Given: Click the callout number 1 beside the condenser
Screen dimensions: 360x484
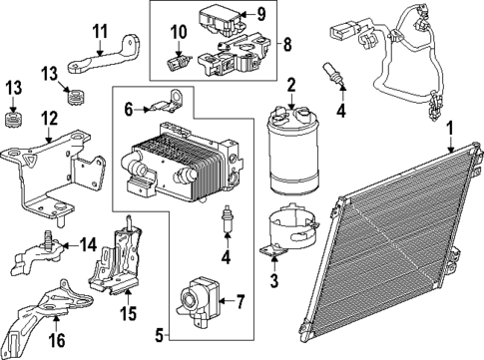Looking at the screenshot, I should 450,128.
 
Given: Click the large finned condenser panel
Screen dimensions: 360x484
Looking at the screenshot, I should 399,254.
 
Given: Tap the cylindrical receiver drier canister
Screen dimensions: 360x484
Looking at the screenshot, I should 292,150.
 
